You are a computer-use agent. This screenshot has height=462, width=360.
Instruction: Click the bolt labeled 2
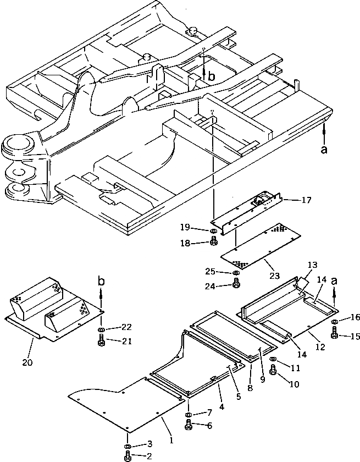click(x=128, y=455)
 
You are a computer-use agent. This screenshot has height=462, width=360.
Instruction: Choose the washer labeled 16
click(x=335, y=322)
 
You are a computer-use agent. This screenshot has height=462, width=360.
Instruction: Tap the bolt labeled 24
click(x=236, y=283)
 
